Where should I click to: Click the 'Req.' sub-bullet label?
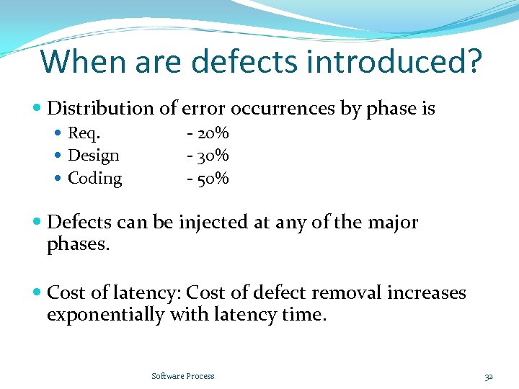[x=84, y=133]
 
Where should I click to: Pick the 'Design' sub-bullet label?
[x=94, y=156]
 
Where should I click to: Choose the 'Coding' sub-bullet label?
[x=94, y=178]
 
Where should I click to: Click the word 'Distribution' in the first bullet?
[x=101, y=109]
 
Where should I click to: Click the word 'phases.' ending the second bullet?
[x=78, y=245]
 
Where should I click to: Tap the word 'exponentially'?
[x=105, y=315]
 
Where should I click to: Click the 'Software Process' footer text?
[x=183, y=376]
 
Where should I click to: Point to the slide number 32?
[x=489, y=376]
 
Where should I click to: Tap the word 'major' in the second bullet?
[x=394, y=223]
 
